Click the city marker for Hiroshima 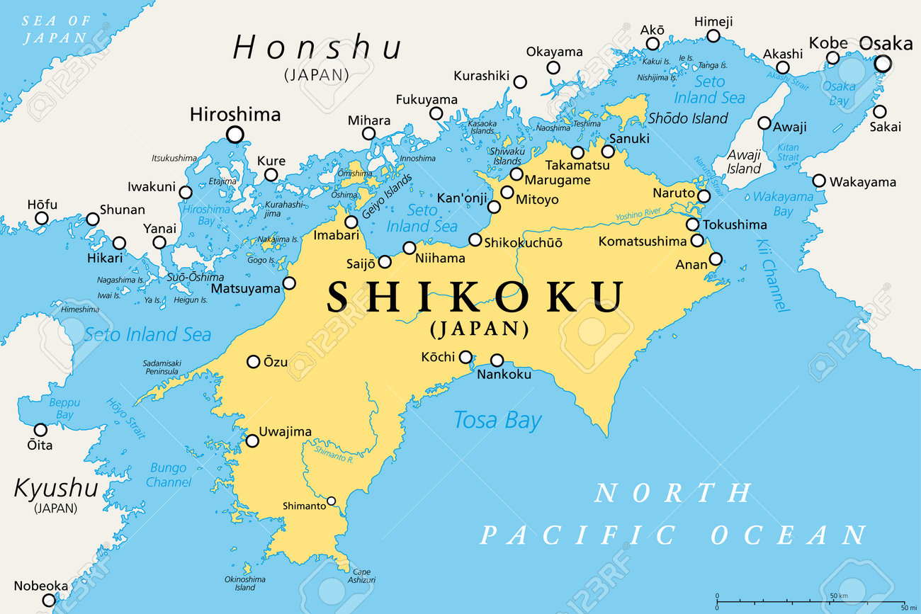[235, 134]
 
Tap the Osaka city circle [882, 64]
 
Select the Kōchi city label [438, 357]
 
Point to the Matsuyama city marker [289, 283]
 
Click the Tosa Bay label [497, 420]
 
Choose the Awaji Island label [744, 162]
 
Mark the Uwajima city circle [252, 440]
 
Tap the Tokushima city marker [692, 224]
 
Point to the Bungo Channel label [169, 475]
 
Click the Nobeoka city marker [48, 600]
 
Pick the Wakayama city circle [819, 181]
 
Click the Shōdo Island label [688, 118]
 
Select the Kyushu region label [55, 488]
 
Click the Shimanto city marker [331, 501]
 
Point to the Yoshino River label [638, 213]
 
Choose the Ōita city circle [40, 430]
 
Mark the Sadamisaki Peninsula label [162, 367]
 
